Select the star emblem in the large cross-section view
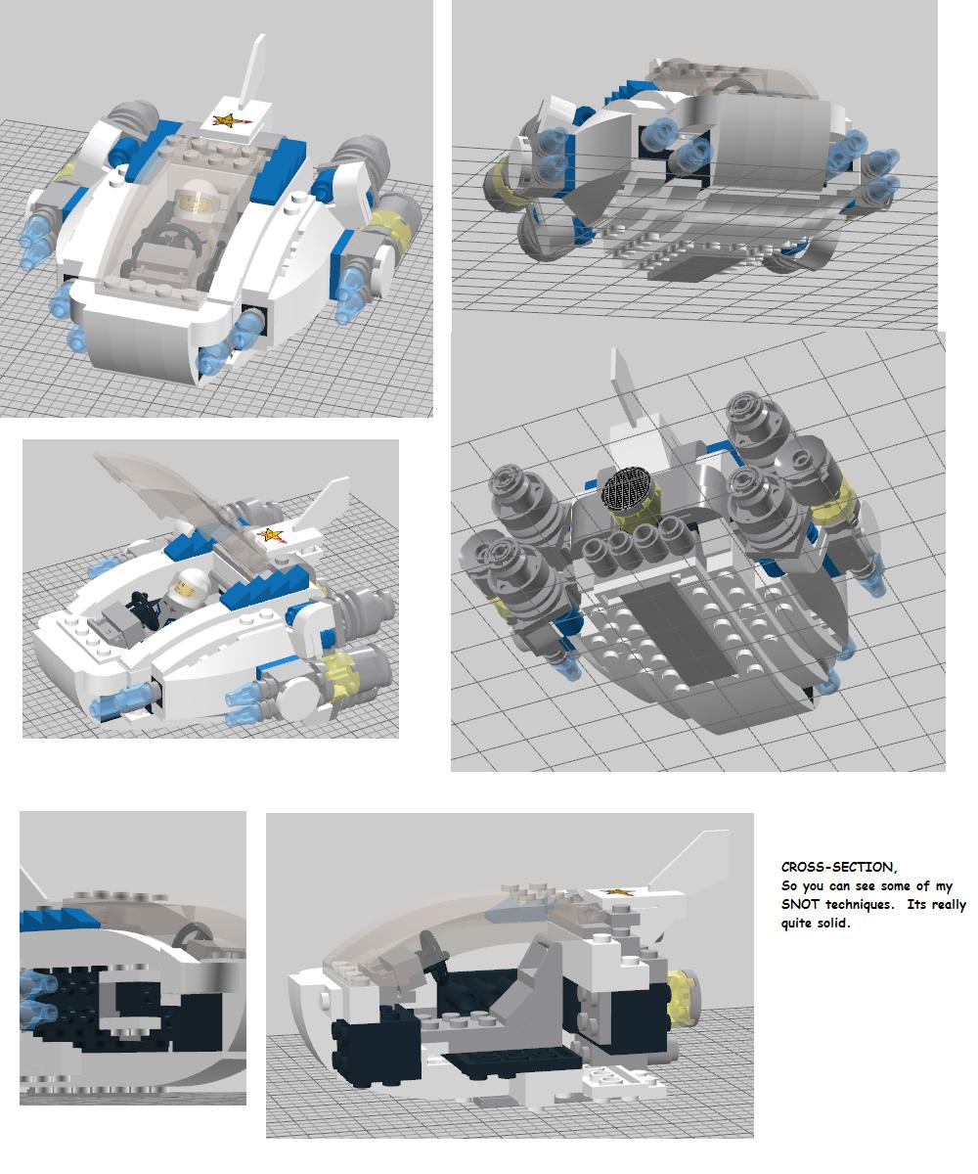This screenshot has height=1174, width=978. (617, 891)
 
